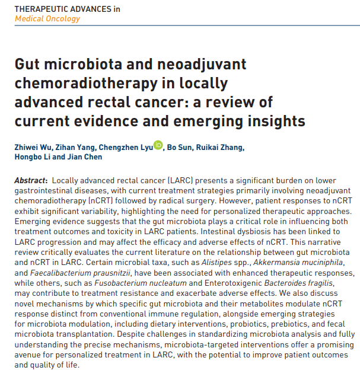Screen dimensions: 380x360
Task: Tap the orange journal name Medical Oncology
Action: click(x=47, y=18)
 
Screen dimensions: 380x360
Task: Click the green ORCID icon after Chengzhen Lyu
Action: click(x=158, y=145)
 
